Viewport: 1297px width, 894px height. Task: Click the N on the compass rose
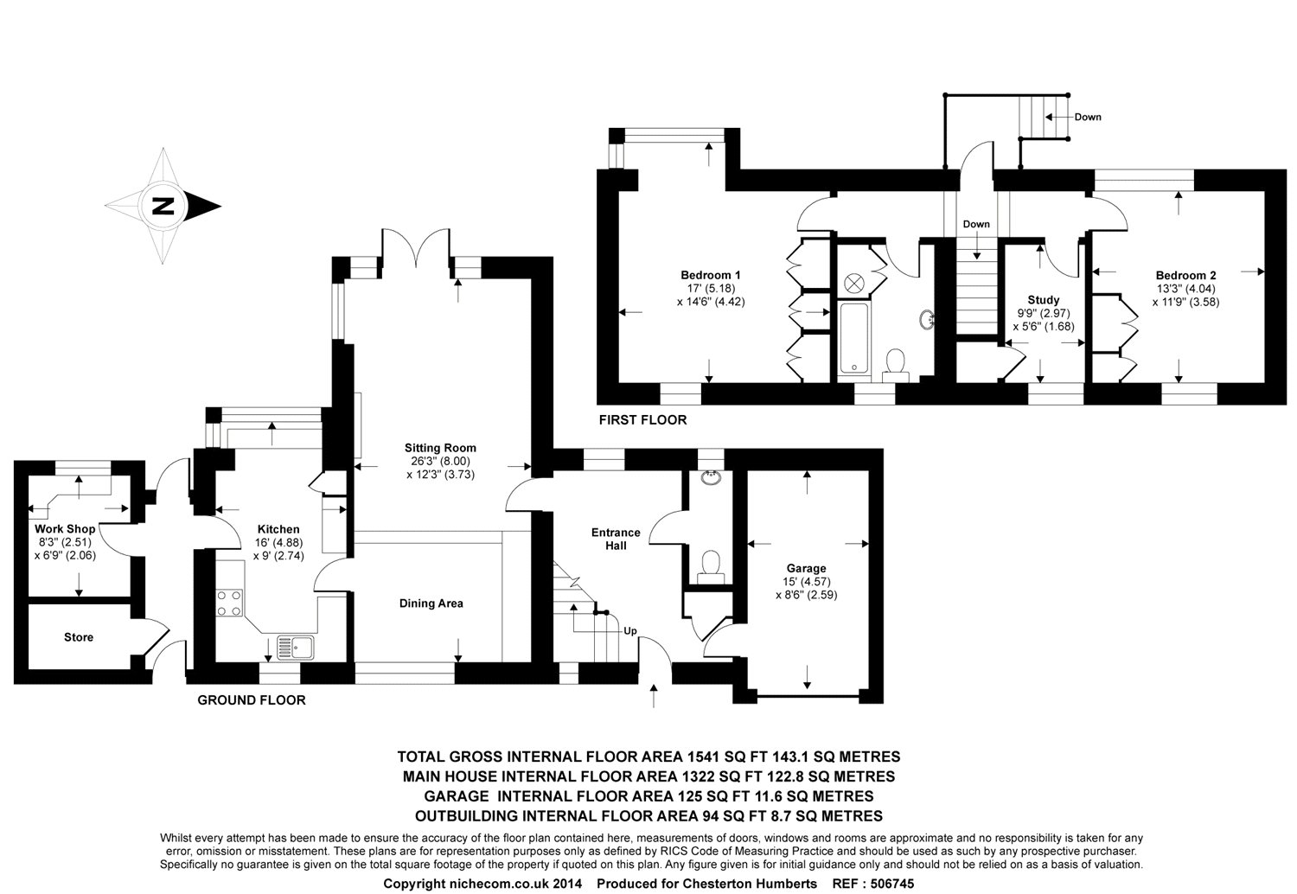tap(163, 206)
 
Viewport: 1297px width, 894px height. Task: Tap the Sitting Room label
tap(440, 448)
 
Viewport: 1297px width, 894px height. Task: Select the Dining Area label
tap(431, 603)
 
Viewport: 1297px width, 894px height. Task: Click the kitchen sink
tap(296, 648)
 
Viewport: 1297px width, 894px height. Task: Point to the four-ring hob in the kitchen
tap(230, 603)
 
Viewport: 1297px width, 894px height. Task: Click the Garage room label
tap(806, 569)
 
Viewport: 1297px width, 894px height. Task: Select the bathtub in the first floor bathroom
tap(853, 338)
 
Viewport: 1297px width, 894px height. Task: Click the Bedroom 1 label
tap(711, 275)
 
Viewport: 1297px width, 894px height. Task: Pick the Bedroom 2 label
tap(1185, 276)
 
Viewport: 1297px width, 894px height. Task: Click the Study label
tap(1044, 300)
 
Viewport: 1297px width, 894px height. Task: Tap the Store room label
tap(79, 637)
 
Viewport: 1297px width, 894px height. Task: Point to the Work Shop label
tap(65, 528)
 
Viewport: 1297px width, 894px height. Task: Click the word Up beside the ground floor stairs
tap(630, 631)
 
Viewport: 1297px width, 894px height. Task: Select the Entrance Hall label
tap(616, 539)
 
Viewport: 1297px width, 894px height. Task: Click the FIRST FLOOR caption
tap(642, 420)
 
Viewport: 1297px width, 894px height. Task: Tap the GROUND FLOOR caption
tap(252, 700)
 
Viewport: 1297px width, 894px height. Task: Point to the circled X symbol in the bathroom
tap(854, 284)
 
